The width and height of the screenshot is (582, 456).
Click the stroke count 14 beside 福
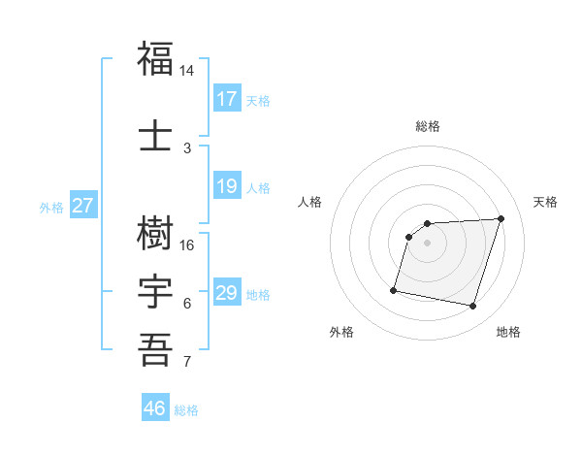click(x=187, y=71)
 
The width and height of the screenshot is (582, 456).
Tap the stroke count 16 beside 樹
click(x=187, y=245)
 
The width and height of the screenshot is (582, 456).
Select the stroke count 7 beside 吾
click(x=187, y=362)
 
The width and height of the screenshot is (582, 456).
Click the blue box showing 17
click(x=227, y=99)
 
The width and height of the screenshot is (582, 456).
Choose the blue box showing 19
click(x=227, y=186)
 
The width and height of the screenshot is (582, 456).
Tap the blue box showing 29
click(x=227, y=293)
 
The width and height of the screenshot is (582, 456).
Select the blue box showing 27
click(x=83, y=206)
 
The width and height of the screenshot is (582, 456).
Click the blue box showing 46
click(x=155, y=408)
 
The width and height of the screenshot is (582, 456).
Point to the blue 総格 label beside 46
click(x=186, y=410)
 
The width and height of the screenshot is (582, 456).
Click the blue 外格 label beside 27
click(x=51, y=207)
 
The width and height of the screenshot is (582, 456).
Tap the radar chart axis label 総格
click(x=428, y=126)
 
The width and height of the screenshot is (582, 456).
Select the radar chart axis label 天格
click(x=546, y=202)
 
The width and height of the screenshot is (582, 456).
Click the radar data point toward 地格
click(x=473, y=307)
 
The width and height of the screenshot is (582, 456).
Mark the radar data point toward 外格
click(x=394, y=290)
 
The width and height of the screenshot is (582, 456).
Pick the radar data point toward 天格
click(x=501, y=218)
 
